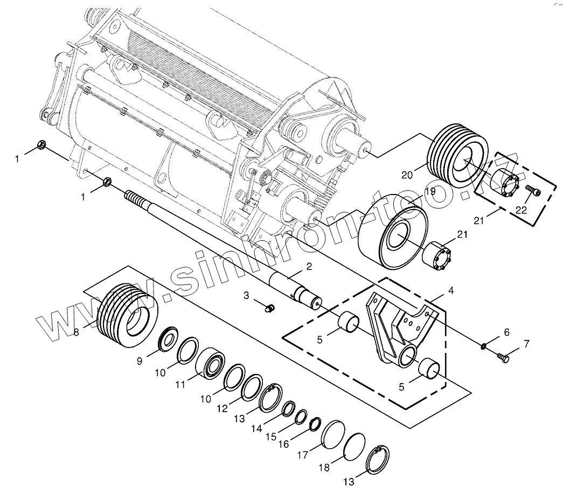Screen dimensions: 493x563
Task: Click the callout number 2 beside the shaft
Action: (309, 266)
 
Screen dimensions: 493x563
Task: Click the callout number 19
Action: (429, 191)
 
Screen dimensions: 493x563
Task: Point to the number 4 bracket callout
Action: (451, 291)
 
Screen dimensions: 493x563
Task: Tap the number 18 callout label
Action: (323, 468)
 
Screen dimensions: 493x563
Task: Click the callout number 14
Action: (256, 428)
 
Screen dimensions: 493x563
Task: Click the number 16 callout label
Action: (283, 445)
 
